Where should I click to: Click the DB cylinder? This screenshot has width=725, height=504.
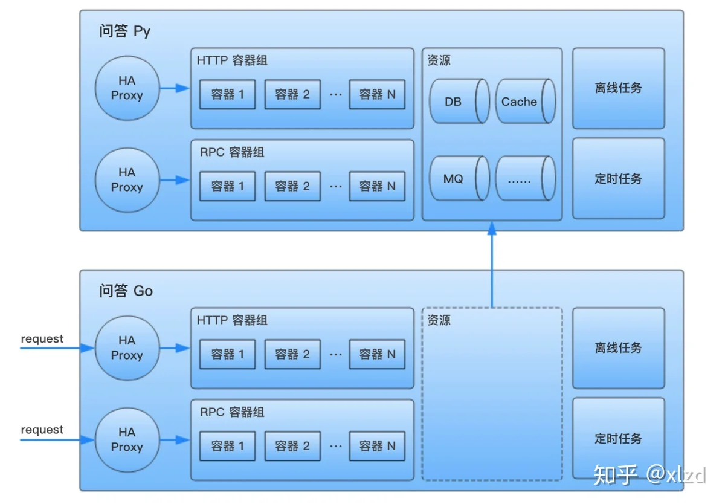tap(459, 102)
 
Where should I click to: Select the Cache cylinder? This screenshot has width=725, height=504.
tap(526, 102)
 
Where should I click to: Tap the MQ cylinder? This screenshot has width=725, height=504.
tap(459, 178)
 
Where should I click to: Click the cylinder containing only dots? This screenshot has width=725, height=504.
tap(526, 178)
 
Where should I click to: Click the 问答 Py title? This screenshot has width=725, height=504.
tap(124, 31)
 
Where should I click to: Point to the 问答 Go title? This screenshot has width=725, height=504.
tap(126, 291)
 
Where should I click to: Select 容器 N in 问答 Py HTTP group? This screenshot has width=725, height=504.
tap(377, 94)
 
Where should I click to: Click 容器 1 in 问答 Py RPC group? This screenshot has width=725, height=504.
tap(228, 187)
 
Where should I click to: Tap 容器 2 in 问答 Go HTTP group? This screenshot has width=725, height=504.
tap(292, 355)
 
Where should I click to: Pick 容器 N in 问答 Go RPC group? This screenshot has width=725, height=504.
tap(377, 447)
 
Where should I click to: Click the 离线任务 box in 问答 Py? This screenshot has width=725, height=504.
tap(619, 88)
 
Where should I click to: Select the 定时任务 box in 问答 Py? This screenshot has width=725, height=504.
tap(619, 178)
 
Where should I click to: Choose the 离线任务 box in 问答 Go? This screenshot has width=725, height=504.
tap(619, 348)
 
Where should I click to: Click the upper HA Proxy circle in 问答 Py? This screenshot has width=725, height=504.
tap(127, 88)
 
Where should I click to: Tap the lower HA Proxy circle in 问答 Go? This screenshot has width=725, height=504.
tap(127, 440)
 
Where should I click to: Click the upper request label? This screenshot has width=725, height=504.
tap(42, 339)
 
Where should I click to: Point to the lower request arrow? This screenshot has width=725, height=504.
tap(57, 440)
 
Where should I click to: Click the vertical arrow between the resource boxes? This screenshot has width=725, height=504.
tap(492, 265)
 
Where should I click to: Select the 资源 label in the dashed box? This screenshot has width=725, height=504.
tap(439, 320)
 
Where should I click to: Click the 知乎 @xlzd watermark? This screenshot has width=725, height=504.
tap(650, 475)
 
